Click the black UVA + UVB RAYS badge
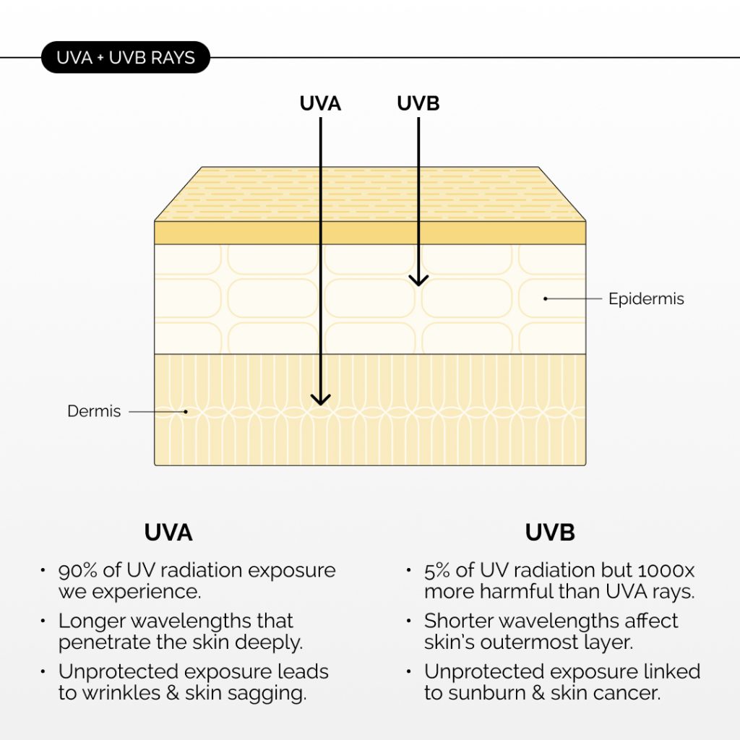pyautogui.click(x=126, y=57)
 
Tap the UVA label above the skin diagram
pyautogui.click(x=320, y=103)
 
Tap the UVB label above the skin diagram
pyautogui.click(x=418, y=103)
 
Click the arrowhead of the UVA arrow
pyautogui.click(x=320, y=400)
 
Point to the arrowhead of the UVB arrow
pyautogui.click(x=418, y=280)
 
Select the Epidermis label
pyautogui.click(x=646, y=298)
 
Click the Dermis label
pyautogui.click(x=94, y=411)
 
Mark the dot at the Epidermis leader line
pyautogui.click(x=545, y=298)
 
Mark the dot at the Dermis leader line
pyautogui.click(x=186, y=411)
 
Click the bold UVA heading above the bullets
pyautogui.click(x=168, y=533)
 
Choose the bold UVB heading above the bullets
pyautogui.click(x=550, y=533)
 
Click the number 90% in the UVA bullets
pyautogui.click(x=77, y=571)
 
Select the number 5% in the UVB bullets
pyautogui.click(x=436, y=571)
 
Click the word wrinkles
pyautogui.click(x=121, y=693)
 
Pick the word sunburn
pyautogui.click(x=486, y=693)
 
